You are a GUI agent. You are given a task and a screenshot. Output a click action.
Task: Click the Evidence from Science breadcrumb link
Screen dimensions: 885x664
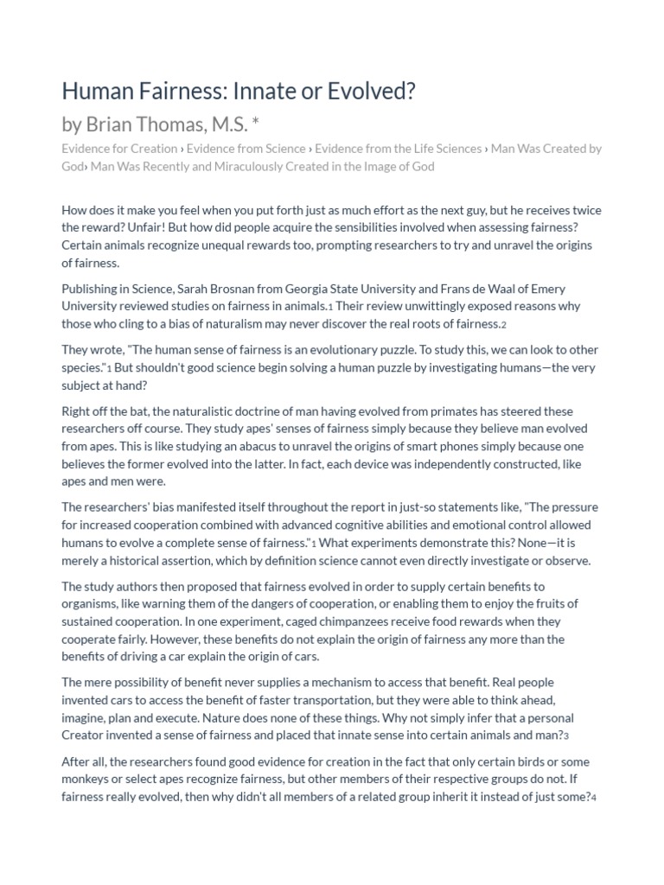pos(251,149)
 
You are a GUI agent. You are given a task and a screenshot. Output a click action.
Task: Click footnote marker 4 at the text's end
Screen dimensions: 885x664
pos(594,798)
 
